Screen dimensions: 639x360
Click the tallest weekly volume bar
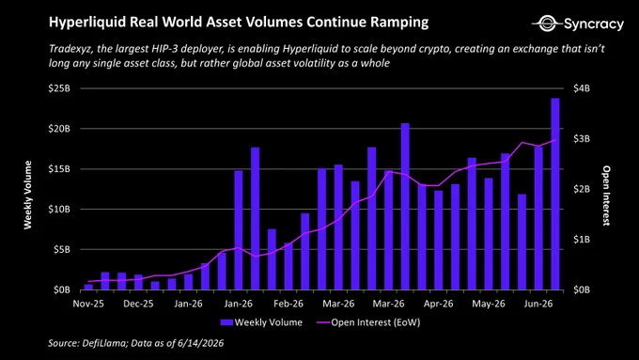[555, 194]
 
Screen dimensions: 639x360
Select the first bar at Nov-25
[88, 287]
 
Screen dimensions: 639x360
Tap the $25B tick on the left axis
[59, 88]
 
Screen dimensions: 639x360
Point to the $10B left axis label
[59, 210]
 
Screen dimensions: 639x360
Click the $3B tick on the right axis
[582, 138]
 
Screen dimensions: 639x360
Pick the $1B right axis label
[582, 240]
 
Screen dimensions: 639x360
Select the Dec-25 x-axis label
[138, 305]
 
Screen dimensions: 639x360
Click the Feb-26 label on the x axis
[288, 305]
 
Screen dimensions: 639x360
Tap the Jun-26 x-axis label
[538, 305]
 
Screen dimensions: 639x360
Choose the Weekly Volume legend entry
[261, 322]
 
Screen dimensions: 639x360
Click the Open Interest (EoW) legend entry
[368, 322]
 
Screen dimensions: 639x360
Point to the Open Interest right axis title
[606, 196]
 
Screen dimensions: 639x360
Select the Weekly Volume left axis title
[27, 195]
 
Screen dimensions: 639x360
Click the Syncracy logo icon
[547, 23]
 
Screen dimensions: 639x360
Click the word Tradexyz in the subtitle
[69, 49]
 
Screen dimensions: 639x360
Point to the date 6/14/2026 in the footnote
[200, 343]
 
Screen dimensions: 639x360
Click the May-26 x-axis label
[489, 305]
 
